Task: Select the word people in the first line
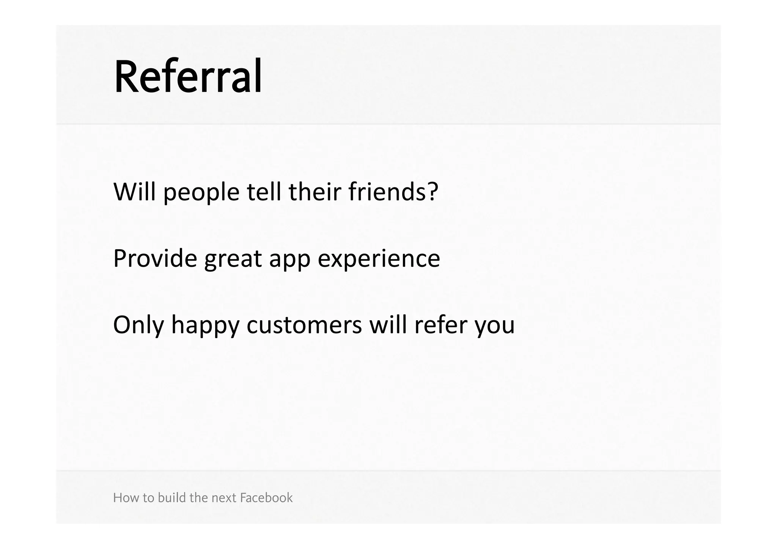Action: [201, 192]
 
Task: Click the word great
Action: [233, 259]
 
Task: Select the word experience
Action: [379, 259]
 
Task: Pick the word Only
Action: [138, 325]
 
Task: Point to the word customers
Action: [304, 325]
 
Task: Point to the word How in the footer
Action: [122, 497]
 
